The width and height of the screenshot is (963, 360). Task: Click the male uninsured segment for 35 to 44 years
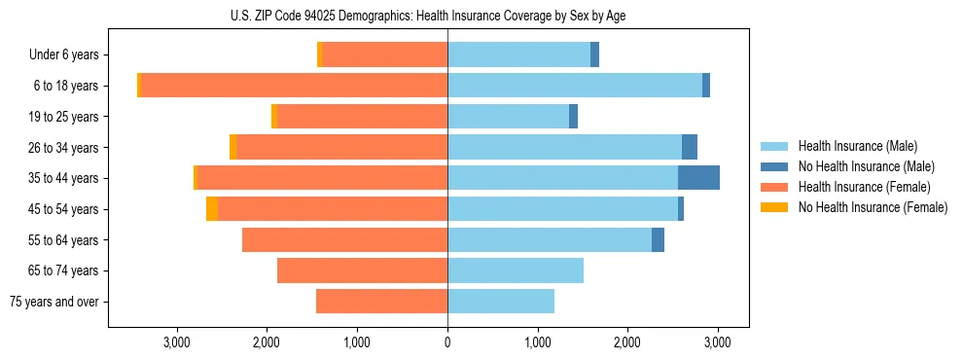[698, 178]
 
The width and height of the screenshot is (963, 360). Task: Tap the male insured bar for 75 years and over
[501, 302]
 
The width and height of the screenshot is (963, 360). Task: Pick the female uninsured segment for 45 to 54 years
[212, 209]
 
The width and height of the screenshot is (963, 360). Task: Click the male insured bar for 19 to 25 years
[508, 117]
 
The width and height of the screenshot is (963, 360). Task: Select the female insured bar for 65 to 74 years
[362, 270]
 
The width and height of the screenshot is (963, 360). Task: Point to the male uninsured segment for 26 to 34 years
[690, 147]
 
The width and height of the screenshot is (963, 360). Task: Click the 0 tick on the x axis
[447, 342]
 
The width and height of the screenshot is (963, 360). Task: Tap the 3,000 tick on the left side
[177, 342]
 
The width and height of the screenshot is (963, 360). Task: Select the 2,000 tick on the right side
[627, 342]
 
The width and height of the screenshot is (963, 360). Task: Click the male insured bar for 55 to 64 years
[550, 240]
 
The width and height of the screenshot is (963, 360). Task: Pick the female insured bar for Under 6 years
[384, 55]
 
